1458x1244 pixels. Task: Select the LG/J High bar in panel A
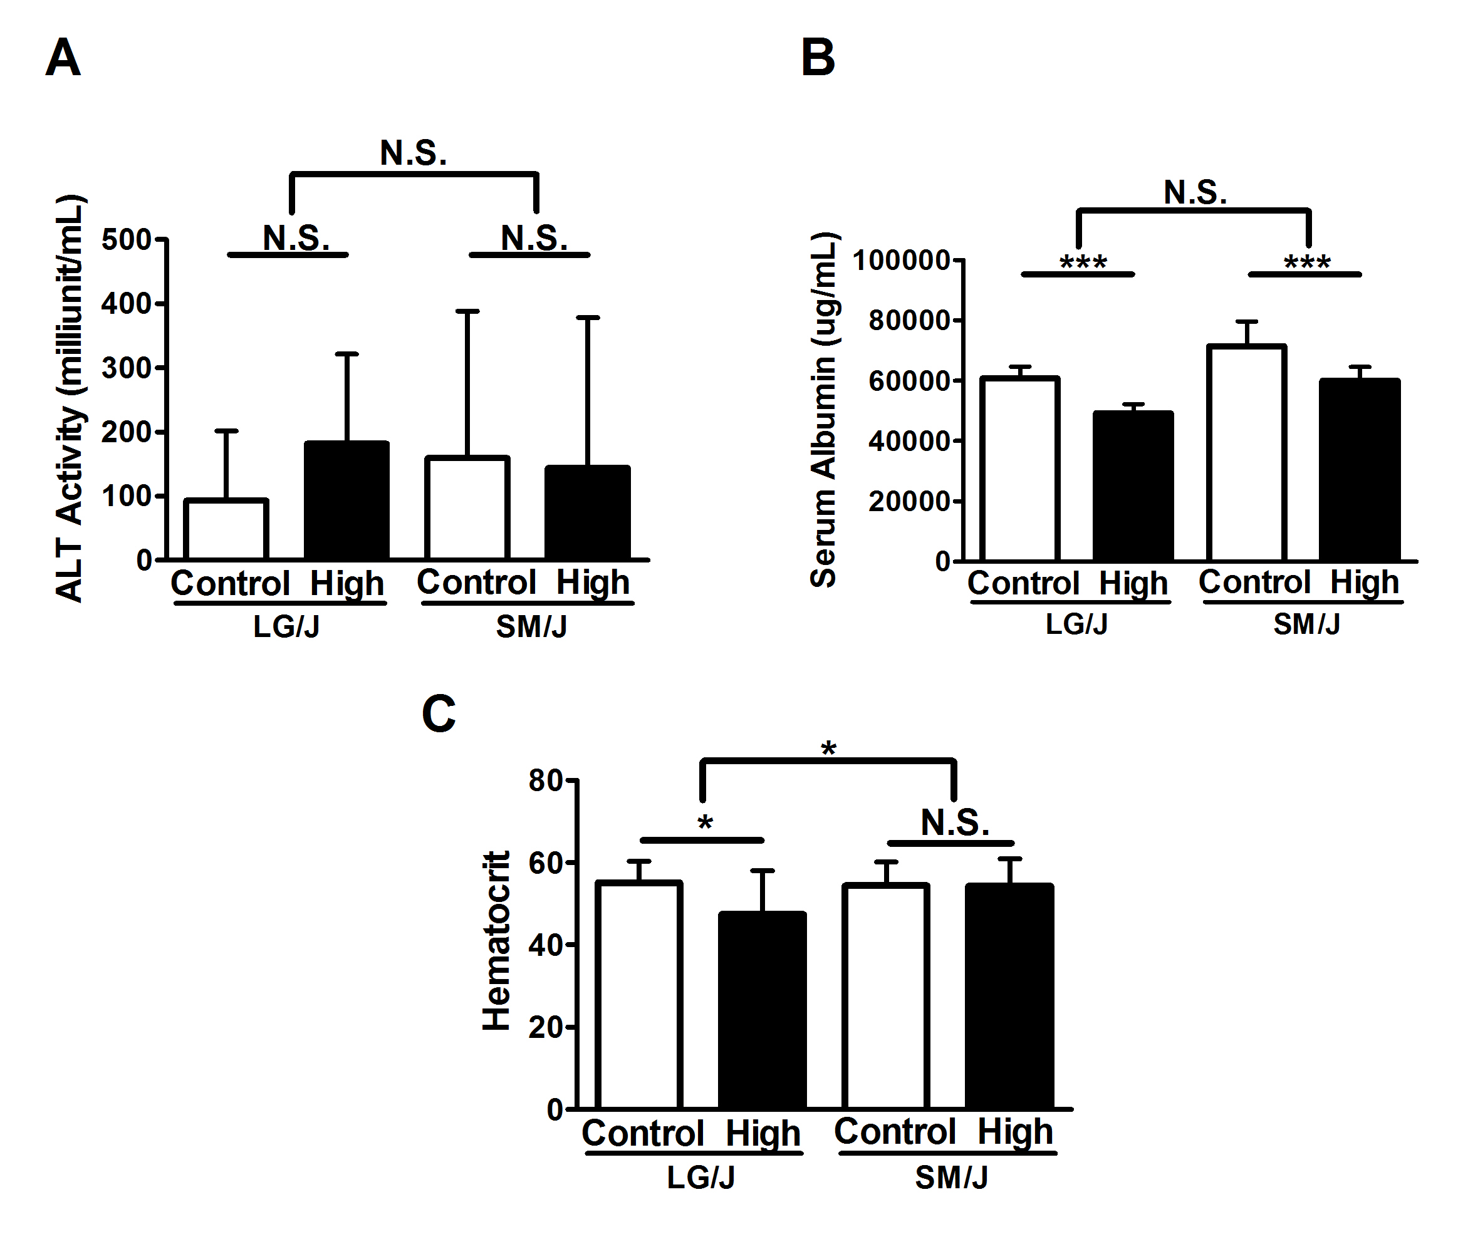point(347,500)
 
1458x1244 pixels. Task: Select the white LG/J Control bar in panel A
point(226,529)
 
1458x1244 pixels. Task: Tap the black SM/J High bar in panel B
point(1360,470)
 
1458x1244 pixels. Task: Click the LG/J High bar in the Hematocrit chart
point(762,1010)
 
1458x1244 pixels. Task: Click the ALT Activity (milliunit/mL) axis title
point(70,398)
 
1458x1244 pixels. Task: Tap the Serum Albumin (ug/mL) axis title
point(823,410)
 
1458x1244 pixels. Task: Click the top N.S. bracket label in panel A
point(413,153)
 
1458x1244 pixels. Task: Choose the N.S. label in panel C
point(955,822)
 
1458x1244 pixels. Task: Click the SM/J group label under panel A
point(531,626)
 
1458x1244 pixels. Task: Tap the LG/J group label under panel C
point(701,1177)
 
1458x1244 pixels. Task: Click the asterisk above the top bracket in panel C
point(829,748)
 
